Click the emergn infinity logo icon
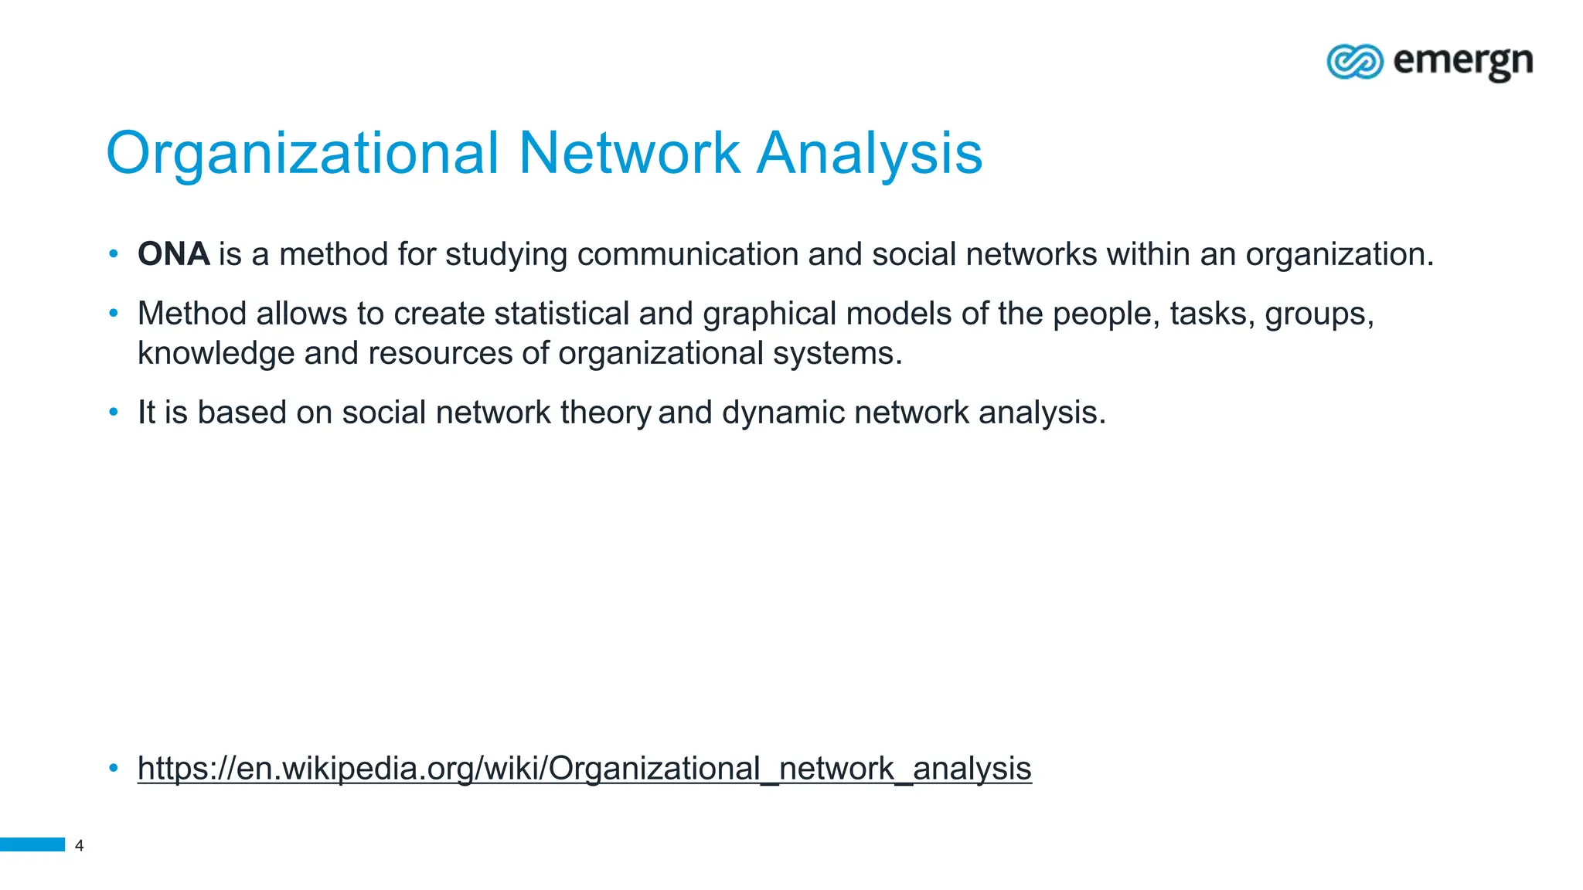coord(1354,62)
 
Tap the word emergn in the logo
coord(1462,62)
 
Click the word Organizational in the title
coord(302,153)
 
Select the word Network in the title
coord(629,153)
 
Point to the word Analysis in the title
coord(869,153)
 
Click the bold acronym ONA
coord(173,254)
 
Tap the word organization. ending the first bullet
coord(1340,254)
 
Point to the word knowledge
coord(216,353)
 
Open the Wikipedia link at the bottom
coord(584,769)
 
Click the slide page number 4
coord(79,845)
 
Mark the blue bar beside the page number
coord(32,844)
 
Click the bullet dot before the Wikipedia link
coord(114,768)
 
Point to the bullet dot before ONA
coord(114,253)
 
